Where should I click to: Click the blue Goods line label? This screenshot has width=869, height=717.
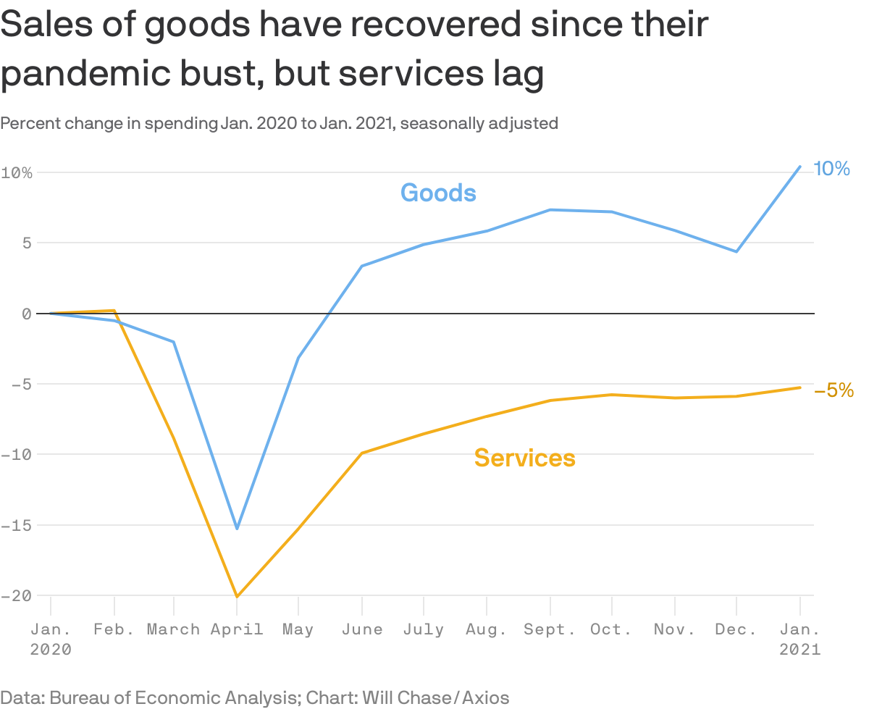438,193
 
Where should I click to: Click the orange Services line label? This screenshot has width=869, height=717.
524,458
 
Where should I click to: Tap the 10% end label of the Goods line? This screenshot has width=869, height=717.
831,169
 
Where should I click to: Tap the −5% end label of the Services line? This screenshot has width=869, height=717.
834,390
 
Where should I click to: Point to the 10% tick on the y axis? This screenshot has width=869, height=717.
17,172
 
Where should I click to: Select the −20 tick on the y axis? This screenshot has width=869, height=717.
16,595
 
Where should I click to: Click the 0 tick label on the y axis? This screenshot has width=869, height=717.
26,314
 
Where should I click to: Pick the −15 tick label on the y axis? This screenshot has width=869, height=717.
16,525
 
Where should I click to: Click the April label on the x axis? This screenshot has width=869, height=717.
237,629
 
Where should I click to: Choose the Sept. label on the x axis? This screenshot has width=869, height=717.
550,629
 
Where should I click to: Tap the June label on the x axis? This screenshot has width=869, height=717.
361,629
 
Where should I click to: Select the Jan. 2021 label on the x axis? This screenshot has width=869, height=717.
799,639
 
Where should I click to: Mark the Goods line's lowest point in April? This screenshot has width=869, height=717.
237,529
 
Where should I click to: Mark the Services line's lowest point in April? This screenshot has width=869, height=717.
237,597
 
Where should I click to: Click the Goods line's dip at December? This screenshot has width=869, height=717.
736,251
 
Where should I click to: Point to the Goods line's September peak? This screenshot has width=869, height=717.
550,210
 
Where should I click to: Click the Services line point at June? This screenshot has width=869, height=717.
361,453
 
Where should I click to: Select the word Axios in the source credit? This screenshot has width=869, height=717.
486,697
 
